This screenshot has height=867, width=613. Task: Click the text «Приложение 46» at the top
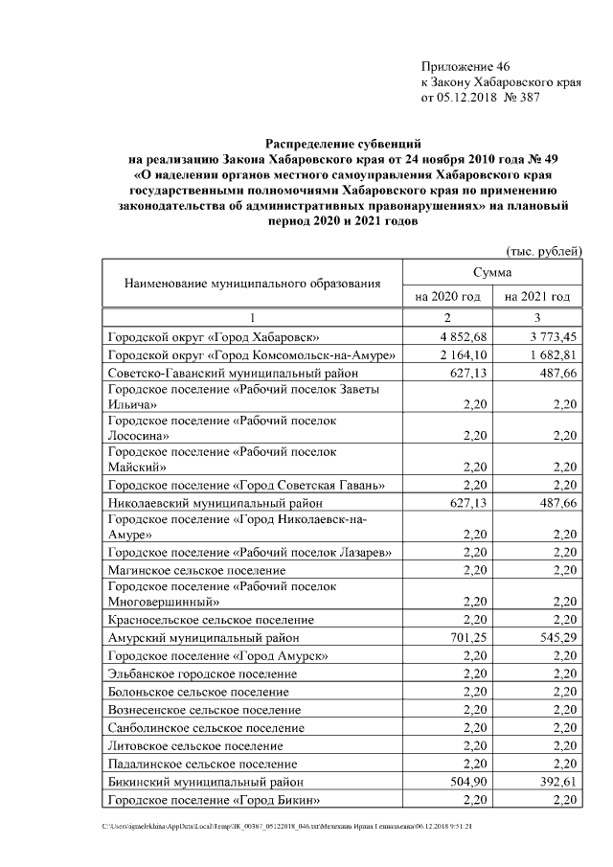pos(465,66)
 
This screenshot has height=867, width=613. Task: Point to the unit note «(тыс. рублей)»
pos(543,251)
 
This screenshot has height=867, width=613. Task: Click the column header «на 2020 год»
pos(446,297)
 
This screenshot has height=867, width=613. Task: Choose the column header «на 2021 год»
pos(537,297)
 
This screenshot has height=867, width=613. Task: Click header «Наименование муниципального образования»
pos(252,284)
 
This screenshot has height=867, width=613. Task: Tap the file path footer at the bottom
pos(287,825)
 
